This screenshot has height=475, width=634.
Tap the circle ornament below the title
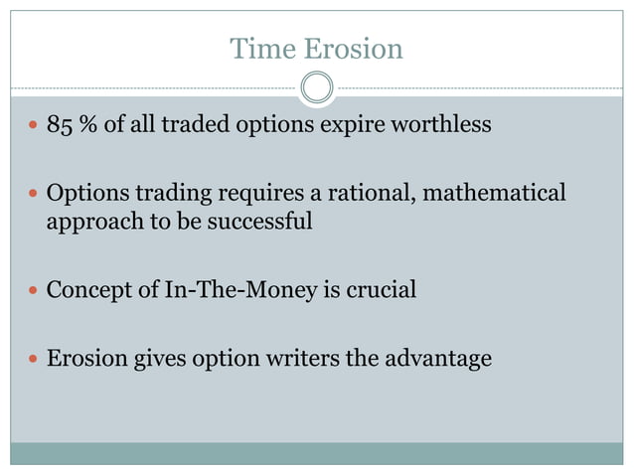click(316, 87)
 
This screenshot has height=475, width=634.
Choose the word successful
click(261, 221)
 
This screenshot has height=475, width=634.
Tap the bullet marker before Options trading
click(33, 193)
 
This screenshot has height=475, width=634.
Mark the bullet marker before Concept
click(33, 291)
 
